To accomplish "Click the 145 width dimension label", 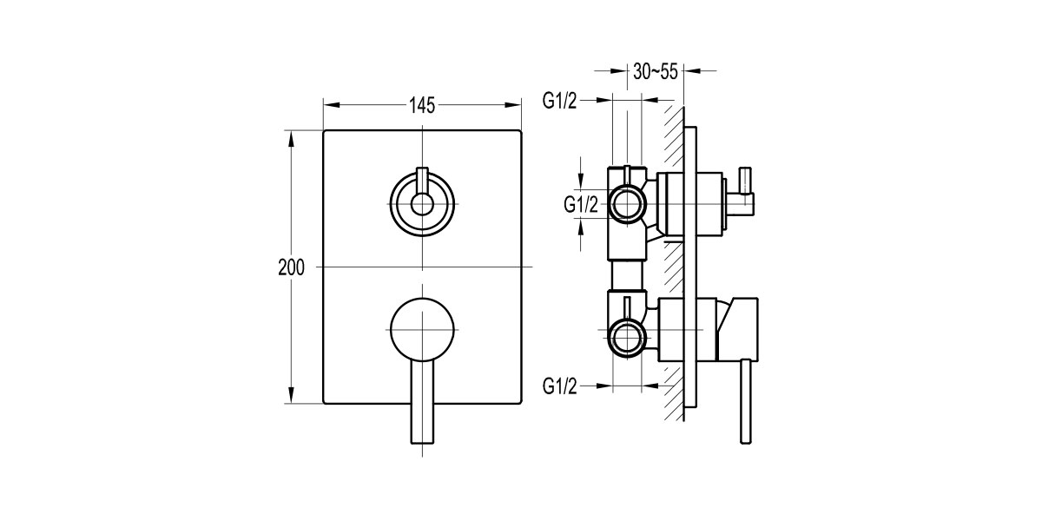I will click(x=421, y=105).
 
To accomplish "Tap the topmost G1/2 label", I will click(x=560, y=101).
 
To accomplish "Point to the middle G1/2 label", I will click(x=581, y=205).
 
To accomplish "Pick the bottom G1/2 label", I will click(x=560, y=386).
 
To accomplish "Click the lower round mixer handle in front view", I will click(x=422, y=326).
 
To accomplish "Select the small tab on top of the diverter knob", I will click(x=422, y=178).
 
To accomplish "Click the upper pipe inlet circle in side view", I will click(x=627, y=205).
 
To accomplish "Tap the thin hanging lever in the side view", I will click(x=745, y=404).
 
